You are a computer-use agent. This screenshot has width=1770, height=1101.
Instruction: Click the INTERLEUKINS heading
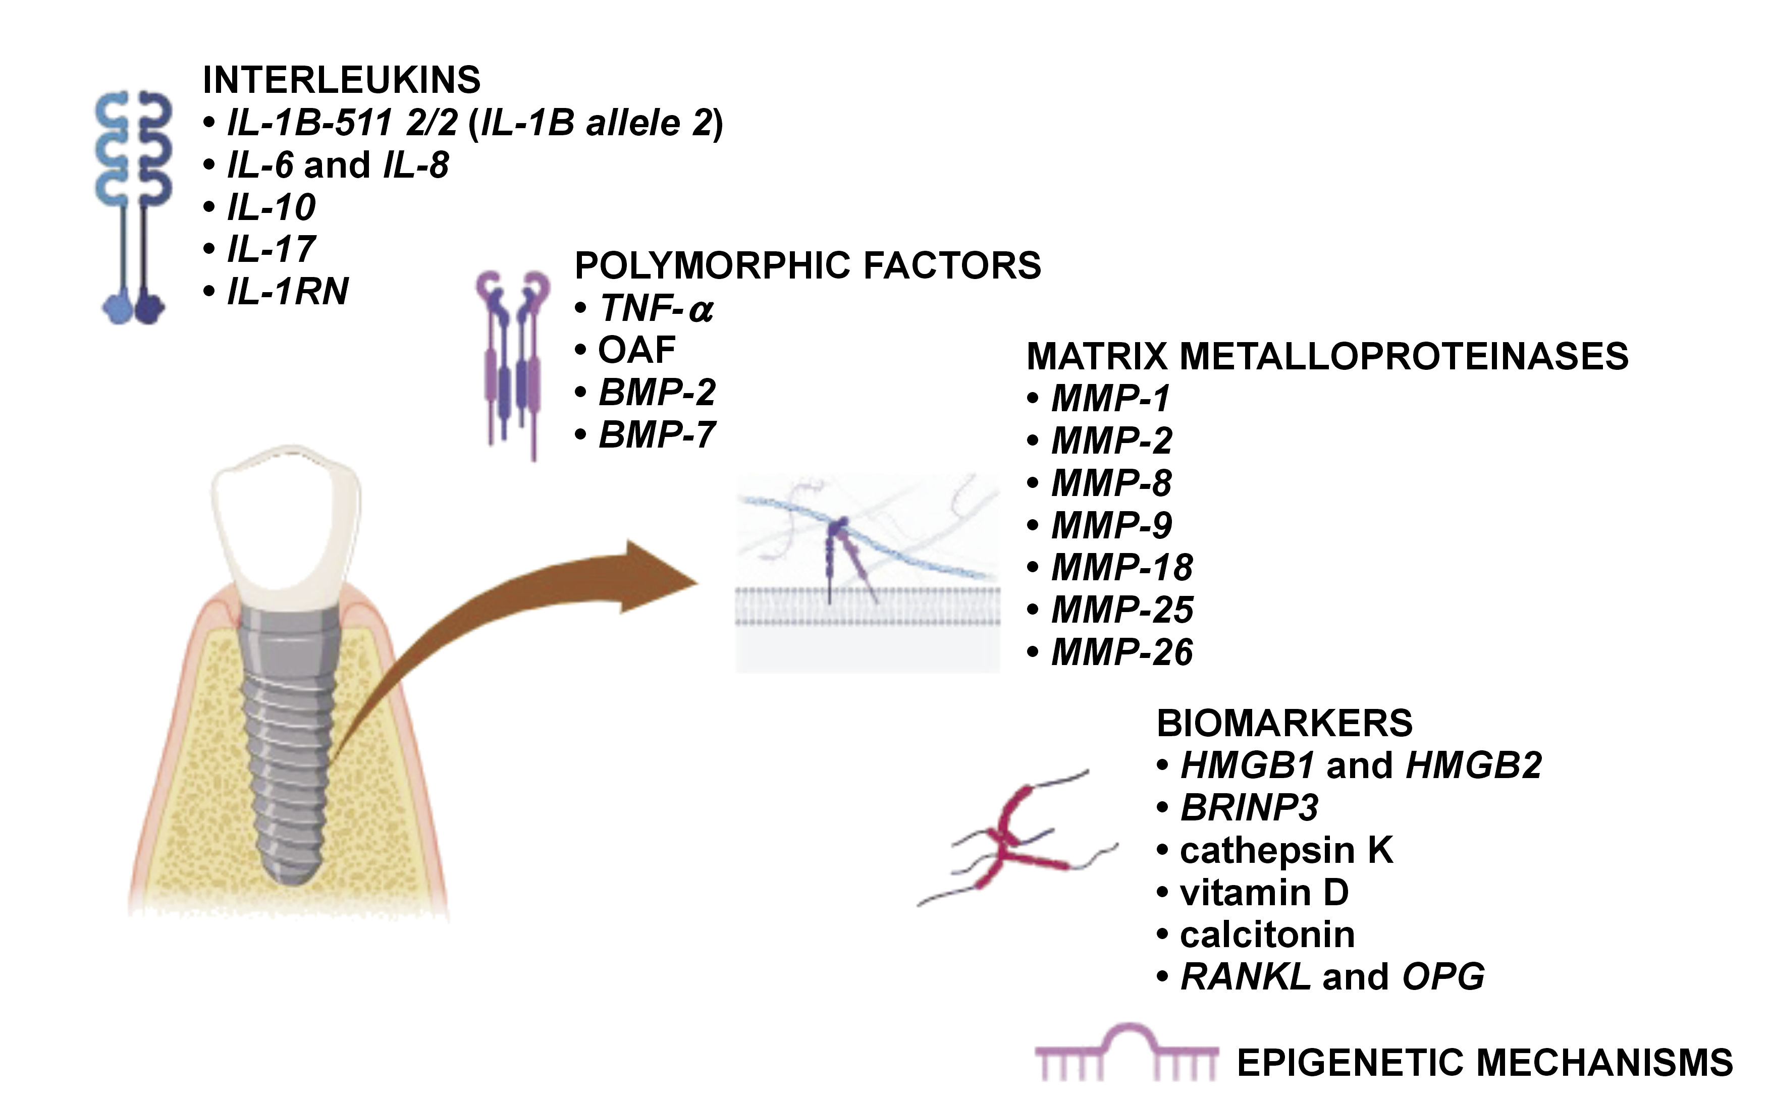click(341, 80)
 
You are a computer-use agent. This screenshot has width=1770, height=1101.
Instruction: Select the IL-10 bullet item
click(271, 207)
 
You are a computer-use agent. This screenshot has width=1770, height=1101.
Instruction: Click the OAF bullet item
click(636, 350)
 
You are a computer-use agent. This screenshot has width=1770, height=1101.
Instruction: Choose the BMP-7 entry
click(656, 435)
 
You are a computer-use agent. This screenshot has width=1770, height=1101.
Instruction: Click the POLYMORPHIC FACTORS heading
click(807, 266)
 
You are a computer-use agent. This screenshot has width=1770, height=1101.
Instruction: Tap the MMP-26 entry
click(1122, 652)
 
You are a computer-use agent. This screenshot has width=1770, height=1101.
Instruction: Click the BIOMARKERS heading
click(1284, 724)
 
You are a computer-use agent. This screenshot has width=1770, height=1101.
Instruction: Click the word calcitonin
click(1267, 935)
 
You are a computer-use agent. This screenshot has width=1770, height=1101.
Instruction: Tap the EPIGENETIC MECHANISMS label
click(1484, 1063)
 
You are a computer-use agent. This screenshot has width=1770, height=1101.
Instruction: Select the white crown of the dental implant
click(286, 524)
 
